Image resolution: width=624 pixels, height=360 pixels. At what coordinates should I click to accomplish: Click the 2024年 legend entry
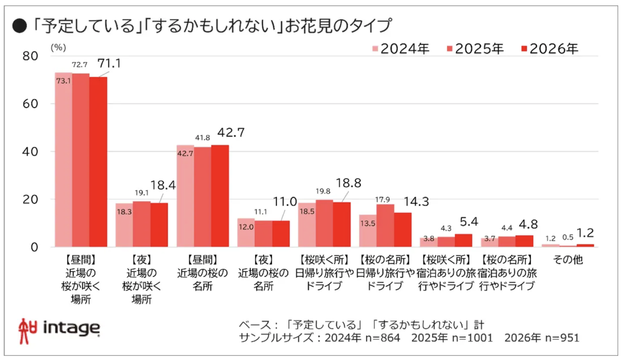point(401,49)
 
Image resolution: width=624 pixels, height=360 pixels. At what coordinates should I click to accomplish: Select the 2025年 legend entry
point(475,49)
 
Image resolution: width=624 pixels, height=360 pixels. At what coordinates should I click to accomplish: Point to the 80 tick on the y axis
point(30,56)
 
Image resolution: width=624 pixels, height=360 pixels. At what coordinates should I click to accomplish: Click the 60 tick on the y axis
point(30,104)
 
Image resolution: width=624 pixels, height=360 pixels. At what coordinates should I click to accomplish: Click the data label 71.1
point(109,63)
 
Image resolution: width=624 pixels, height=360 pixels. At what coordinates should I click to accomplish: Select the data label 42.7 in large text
point(231,133)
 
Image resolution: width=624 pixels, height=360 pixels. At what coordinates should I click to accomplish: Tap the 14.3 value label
point(416,202)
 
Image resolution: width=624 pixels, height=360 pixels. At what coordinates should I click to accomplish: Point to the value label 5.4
point(469,222)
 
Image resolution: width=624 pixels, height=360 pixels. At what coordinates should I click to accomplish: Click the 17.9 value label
point(382,200)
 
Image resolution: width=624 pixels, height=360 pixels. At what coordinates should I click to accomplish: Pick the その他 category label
point(568,260)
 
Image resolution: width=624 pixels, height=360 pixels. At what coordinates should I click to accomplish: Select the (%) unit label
point(58,47)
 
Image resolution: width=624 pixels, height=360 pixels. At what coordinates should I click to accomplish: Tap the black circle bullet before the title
point(19,26)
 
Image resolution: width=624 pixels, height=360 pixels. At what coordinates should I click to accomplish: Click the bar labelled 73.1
point(64,160)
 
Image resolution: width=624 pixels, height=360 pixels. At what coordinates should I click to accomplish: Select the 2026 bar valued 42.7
point(220,196)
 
